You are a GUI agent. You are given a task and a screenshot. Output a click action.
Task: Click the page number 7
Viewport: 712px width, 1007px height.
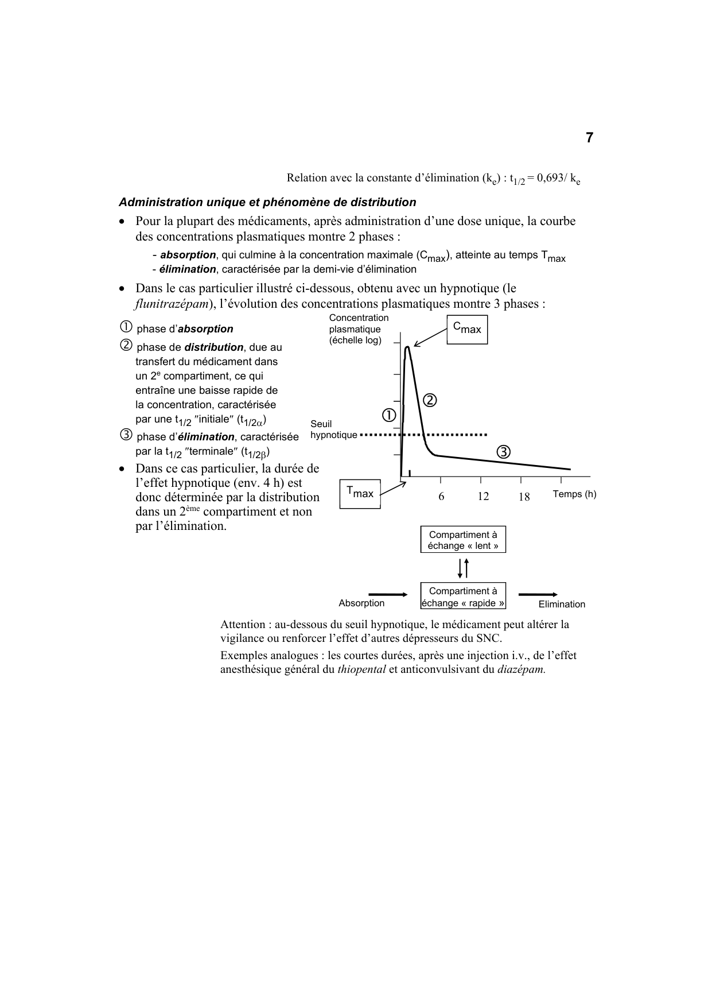[x=589, y=138]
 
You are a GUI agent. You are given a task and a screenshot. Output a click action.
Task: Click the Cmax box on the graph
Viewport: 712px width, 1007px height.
[x=467, y=330]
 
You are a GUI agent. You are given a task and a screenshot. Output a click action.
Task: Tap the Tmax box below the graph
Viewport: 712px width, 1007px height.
[x=360, y=493]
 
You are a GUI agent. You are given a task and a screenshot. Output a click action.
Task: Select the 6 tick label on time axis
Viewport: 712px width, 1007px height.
[x=441, y=497]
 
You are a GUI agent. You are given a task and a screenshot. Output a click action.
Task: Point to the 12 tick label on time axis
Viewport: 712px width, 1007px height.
[x=483, y=497]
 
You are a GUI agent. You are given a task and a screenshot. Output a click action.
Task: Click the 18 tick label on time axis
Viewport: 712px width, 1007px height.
[x=524, y=497]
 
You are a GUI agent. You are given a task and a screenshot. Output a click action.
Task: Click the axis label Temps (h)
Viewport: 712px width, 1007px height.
[x=574, y=494]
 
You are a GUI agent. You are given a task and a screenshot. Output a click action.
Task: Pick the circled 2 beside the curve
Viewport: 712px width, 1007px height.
[x=430, y=400]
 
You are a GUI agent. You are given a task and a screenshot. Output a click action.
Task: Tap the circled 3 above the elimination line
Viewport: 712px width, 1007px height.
[x=503, y=452]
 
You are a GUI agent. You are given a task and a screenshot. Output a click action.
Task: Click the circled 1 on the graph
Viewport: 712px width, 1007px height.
[x=388, y=415]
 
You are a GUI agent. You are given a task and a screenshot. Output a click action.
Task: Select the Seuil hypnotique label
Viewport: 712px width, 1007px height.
[x=333, y=429]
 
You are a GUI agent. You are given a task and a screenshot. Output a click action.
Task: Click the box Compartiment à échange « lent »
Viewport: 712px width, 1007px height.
[x=463, y=540]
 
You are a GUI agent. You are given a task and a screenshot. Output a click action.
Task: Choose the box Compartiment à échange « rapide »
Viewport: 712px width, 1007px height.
[x=463, y=597]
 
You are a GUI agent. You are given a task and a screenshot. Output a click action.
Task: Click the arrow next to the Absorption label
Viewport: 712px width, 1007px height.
[x=388, y=595]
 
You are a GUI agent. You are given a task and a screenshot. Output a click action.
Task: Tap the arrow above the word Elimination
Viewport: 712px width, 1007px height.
[x=538, y=595]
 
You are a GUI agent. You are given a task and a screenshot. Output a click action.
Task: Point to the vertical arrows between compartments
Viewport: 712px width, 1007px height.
[x=464, y=568]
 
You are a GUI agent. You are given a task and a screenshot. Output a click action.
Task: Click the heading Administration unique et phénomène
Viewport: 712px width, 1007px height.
[x=267, y=202]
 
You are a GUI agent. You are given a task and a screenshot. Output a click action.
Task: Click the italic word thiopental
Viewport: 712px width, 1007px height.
[x=361, y=669]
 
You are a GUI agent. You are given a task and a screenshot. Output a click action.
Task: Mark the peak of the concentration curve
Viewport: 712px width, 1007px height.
[x=407, y=347]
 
